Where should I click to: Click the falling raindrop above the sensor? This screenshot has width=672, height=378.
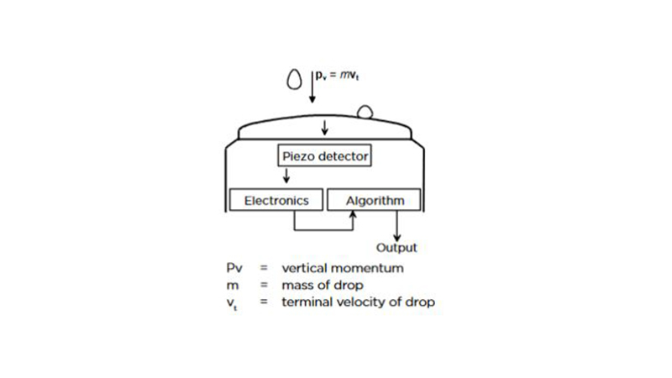click(294, 79)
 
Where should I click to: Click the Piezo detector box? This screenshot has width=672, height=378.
click(323, 155)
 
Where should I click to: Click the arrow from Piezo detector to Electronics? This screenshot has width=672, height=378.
click(286, 175)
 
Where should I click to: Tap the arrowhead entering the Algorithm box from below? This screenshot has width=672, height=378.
click(354, 215)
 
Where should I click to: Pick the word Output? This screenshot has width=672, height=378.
click(396, 248)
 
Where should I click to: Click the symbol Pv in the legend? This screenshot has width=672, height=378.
click(234, 269)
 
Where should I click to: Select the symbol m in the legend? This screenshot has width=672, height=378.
click(231, 285)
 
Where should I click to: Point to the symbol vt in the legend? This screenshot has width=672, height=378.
click(233, 302)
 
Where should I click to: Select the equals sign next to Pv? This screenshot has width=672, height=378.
click(263, 269)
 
